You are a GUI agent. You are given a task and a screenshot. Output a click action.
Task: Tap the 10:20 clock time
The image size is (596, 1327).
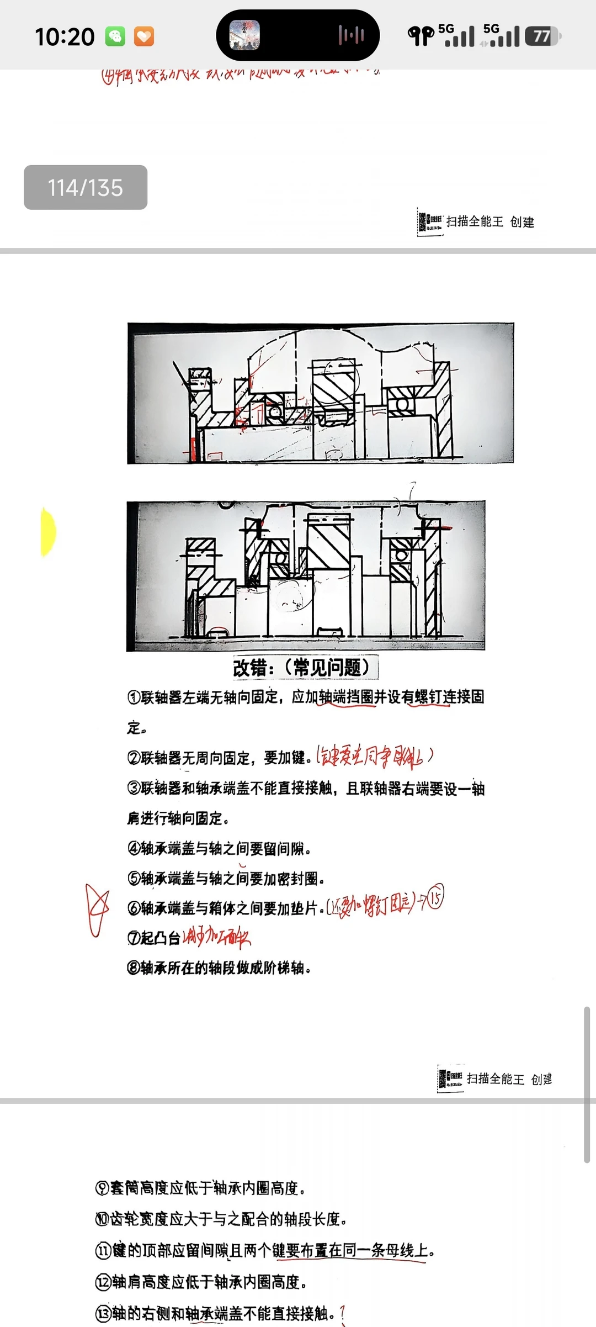65,37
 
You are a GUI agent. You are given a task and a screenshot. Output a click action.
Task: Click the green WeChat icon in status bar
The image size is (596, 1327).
115,36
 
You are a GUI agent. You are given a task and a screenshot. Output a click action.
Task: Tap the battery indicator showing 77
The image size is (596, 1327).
542,36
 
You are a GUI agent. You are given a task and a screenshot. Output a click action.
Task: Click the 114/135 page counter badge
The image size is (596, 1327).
86,188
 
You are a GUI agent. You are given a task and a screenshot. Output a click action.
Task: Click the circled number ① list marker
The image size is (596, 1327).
134,697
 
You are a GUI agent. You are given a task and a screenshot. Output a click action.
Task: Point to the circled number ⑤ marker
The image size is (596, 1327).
134,878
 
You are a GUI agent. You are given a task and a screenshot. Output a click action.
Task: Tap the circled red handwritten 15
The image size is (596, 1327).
435,898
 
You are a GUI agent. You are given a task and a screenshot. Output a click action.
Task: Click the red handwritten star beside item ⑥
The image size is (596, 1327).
97,910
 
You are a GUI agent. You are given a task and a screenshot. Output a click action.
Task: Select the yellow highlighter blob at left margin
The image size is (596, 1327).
48,532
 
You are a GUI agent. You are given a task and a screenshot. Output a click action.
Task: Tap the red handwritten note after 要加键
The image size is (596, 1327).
374,757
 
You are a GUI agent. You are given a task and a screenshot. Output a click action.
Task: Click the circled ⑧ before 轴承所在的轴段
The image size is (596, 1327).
133,968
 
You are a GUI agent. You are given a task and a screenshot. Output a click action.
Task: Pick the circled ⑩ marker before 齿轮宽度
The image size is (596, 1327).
102,1219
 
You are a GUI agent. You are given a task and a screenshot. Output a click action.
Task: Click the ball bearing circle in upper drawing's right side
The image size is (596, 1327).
402,405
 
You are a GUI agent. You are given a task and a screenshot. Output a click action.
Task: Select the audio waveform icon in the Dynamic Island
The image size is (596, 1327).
352,36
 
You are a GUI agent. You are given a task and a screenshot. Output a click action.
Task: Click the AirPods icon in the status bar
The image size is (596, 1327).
421,36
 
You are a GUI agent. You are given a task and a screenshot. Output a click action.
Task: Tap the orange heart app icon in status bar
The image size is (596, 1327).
144,36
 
